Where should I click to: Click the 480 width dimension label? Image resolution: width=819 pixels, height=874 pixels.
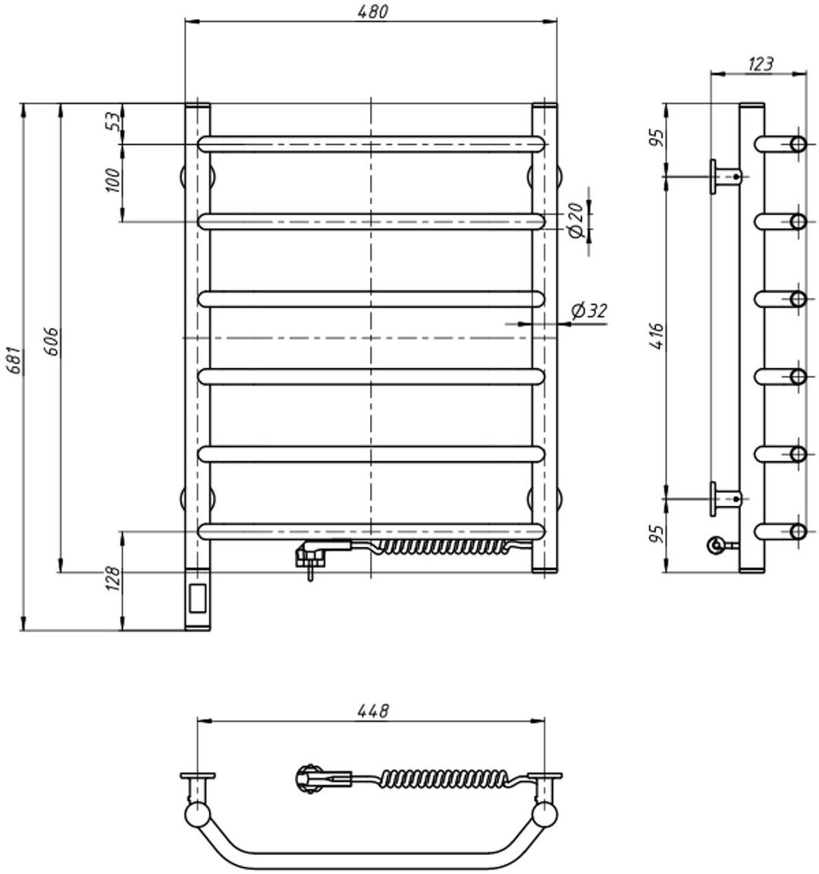372,11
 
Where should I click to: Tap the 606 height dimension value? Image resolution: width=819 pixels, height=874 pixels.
50,341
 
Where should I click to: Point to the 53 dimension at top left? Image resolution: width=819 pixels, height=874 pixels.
113,121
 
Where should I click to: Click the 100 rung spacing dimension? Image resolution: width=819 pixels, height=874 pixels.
113,181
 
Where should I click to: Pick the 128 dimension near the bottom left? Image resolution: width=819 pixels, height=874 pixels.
113,580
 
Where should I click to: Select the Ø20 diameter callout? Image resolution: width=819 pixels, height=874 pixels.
576,220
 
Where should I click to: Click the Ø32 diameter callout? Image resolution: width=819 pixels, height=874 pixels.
589,311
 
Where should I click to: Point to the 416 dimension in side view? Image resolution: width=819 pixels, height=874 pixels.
657,336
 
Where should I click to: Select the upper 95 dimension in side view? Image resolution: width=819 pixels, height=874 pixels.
657,138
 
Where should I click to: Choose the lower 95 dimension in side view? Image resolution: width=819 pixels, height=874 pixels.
657,533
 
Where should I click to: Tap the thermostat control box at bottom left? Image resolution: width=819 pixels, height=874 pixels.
199,599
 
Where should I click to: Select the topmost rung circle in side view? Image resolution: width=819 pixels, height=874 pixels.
798,144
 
